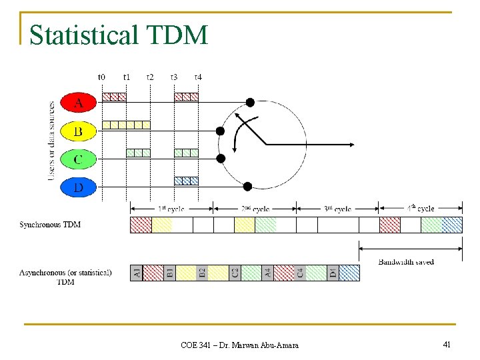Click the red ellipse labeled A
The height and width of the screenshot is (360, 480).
[x=79, y=103]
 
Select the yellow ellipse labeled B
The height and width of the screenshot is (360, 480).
[x=79, y=131]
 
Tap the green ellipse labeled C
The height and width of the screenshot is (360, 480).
[x=79, y=159]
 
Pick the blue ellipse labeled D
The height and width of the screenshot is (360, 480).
[x=79, y=187]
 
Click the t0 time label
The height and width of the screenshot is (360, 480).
[x=102, y=77]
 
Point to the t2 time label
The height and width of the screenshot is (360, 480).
[x=149, y=77]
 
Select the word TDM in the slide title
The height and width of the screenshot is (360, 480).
[x=181, y=35]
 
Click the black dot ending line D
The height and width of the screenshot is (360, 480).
[x=247, y=187]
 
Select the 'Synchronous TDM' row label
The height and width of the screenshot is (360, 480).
[x=51, y=225]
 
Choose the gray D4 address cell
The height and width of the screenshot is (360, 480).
[x=333, y=273]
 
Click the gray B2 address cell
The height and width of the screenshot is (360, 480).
[x=201, y=273]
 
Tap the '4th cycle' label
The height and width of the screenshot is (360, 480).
[x=421, y=209]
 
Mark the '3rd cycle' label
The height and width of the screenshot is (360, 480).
[x=337, y=209]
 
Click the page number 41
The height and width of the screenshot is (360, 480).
[x=447, y=344]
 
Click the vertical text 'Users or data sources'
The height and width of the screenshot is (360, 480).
[x=52, y=141]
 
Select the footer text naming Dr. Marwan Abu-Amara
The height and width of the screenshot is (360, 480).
[x=239, y=345]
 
